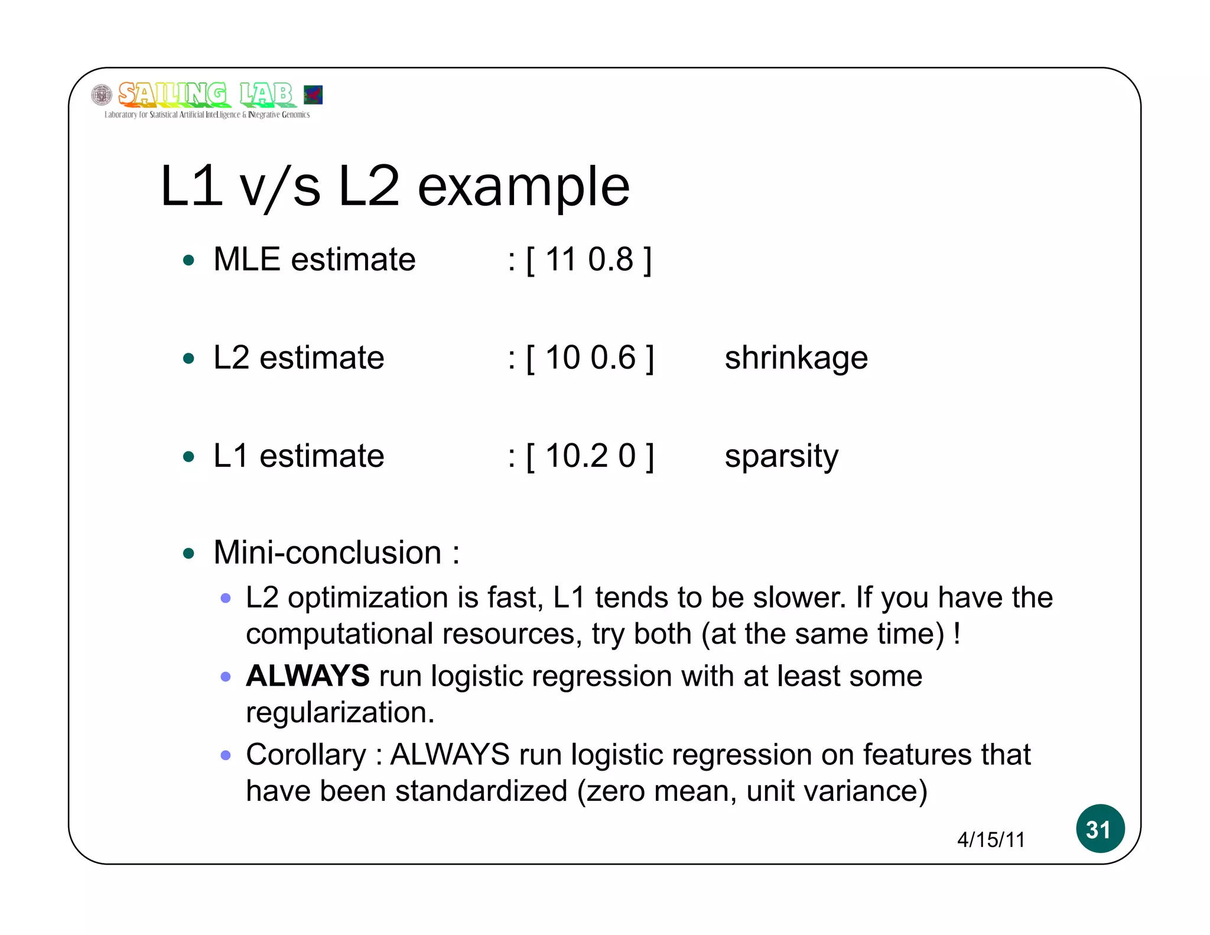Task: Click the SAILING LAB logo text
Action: point(205,95)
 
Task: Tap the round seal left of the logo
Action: point(102,95)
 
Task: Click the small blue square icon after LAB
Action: point(313,95)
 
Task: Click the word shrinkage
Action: point(796,358)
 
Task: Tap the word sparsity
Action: point(781,457)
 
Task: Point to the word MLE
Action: point(246,259)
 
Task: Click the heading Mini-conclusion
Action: point(327,553)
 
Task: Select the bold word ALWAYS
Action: point(308,676)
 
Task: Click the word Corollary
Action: point(305,755)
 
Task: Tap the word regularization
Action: point(340,713)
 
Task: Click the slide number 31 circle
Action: point(1100,829)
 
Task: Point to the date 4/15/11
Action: point(991,840)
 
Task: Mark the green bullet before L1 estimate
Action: point(189,456)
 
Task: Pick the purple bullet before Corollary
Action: point(225,755)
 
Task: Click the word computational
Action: point(340,634)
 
